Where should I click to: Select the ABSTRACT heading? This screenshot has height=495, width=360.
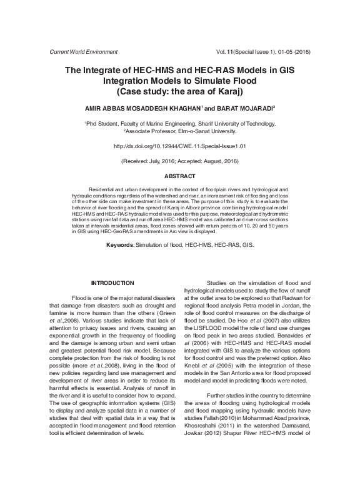[x=180, y=177]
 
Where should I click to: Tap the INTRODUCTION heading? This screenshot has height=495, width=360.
[x=112, y=283]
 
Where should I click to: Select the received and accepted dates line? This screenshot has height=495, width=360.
[x=180, y=161]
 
